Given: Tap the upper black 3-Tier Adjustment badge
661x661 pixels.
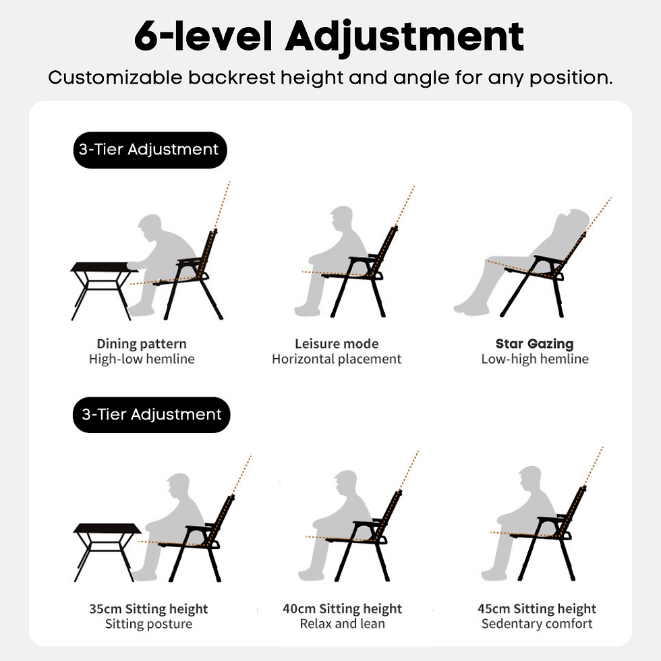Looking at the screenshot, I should (x=149, y=150).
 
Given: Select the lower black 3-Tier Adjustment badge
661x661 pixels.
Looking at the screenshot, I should (x=151, y=414).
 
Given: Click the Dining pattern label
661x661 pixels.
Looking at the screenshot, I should (x=142, y=344).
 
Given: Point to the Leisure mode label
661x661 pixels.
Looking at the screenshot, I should (x=337, y=344).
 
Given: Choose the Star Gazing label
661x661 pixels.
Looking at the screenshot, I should (x=534, y=344).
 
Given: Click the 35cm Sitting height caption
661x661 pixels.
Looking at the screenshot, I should (x=148, y=609).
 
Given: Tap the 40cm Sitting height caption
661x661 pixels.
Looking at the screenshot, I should (x=342, y=609).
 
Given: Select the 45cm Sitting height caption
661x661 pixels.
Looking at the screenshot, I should (x=537, y=609).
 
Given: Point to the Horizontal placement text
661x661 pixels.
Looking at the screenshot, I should (x=337, y=360).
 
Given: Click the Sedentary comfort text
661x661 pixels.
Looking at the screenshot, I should (x=537, y=624).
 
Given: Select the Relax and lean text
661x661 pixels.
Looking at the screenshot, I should (x=342, y=624).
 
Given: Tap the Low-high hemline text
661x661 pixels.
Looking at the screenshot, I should (x=534, y=360).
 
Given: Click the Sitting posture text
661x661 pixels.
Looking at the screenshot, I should (x=148, y=624).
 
